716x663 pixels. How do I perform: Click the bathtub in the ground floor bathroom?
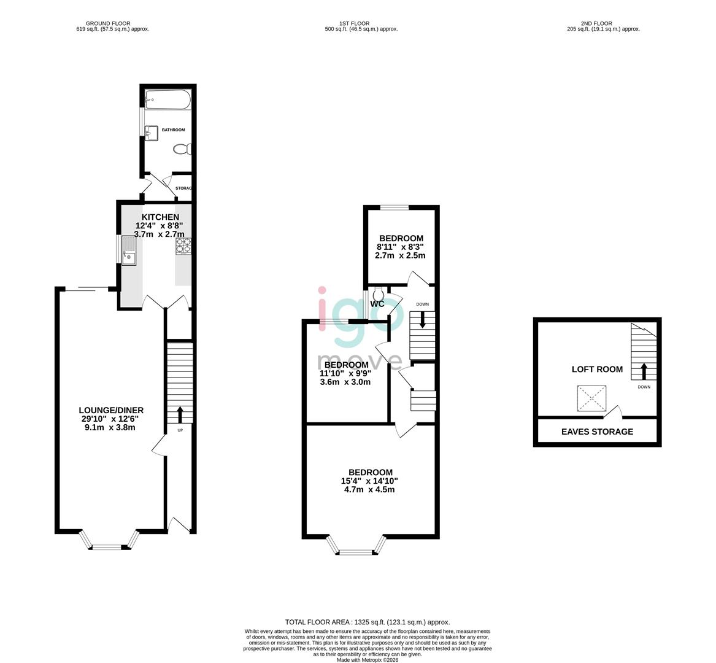click(168, 100)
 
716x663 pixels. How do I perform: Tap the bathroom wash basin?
click(152, 131)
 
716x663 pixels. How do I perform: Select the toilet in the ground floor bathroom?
click(183, 149)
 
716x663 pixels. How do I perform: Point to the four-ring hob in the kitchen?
click(183, 246)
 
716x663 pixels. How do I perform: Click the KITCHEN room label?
click(160, 217)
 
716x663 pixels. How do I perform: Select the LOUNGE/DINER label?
click(111, 410)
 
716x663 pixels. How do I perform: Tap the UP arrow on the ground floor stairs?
click(180, 414)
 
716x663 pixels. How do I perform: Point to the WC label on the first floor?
click(377, 304)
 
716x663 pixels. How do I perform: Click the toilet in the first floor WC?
click(377, 293)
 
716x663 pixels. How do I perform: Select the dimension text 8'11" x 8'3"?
click(401, 247)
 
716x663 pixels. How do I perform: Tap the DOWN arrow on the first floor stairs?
click(422, 320)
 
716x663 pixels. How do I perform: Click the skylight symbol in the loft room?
click(591, 398)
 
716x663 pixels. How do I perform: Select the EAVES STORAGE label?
click(597, 432)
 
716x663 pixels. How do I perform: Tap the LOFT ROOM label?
click(597, 370)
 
